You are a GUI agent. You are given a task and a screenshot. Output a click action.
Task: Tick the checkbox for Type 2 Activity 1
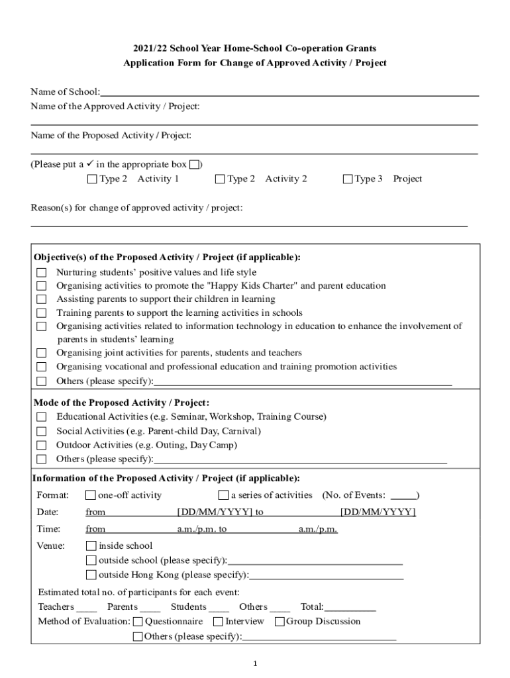click(x=92, y=179)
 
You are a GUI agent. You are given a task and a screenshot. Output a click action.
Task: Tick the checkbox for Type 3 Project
click(x=348, y=179)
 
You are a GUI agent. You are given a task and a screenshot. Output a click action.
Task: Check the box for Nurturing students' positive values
click(x=42, y=273)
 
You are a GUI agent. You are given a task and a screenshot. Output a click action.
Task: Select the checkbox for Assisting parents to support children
click(x=42, y=299)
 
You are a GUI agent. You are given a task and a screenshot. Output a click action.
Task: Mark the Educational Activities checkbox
click(x=42, y=417)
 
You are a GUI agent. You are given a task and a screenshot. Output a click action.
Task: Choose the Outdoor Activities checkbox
click(x=42, y=446)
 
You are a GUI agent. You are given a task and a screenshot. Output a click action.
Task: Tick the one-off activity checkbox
click(x=91, y=495)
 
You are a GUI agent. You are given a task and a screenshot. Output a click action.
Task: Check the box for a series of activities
click(x=223, y=495)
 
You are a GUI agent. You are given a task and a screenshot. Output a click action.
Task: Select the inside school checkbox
click(x=91, y=546)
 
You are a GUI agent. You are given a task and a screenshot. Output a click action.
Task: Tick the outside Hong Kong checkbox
click(x=91, y=575)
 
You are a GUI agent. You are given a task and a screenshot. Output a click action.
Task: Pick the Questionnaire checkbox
click(x=138, y=622)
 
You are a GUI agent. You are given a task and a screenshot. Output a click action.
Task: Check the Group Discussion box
click(x=280, y=622)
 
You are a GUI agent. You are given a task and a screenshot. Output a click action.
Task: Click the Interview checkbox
click(x=218, y=622)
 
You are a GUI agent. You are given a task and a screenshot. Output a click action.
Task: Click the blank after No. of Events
click(x=403, y=496)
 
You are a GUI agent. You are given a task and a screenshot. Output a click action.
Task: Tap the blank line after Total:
click(x=350, y=608)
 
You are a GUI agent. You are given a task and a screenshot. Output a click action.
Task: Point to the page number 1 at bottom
click(x=255, y=664)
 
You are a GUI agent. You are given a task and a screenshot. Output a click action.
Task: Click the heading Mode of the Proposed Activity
click(x=121, y=403)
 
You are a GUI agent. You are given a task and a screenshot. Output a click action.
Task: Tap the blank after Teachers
click(x=87, y=608)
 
